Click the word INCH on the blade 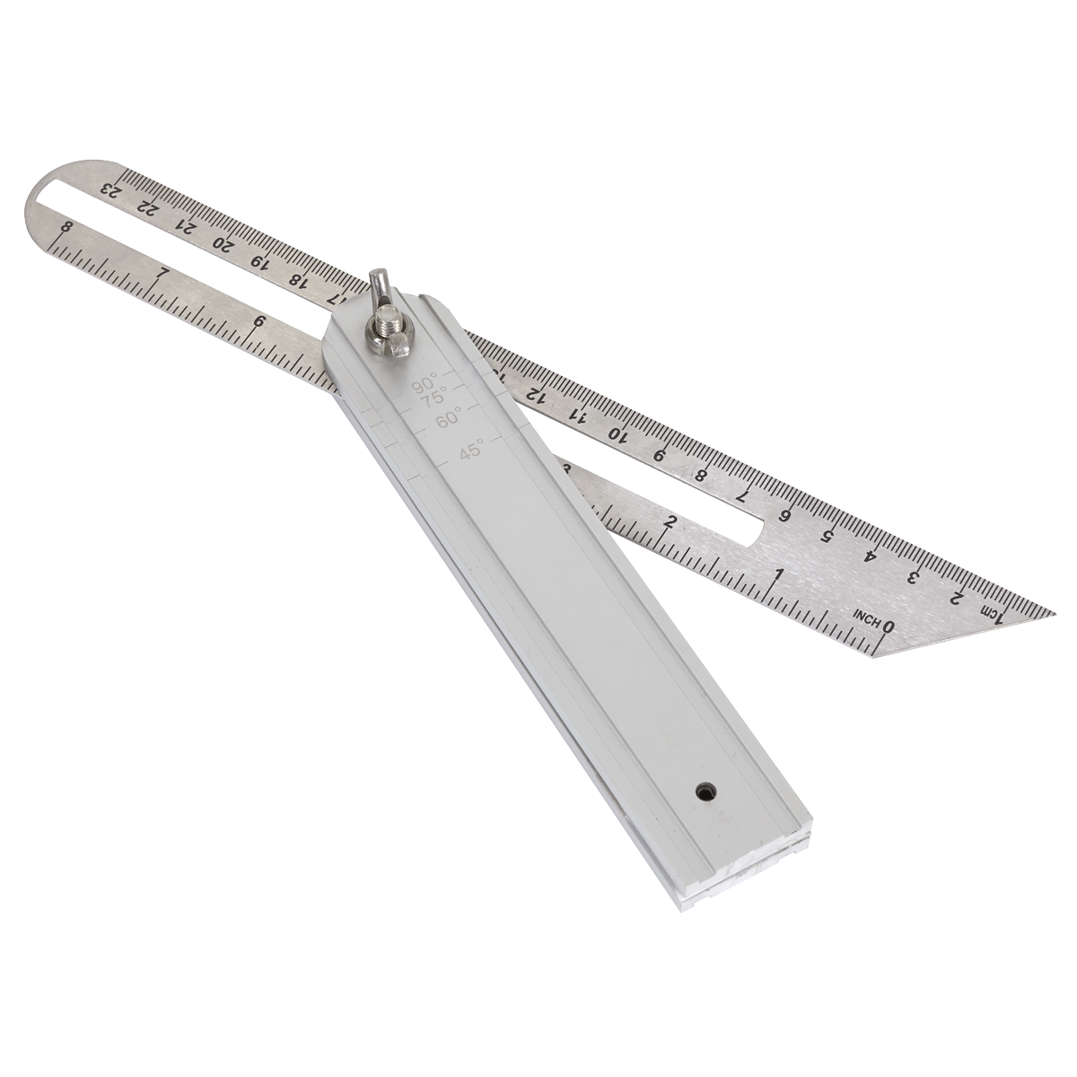(x=866, y=618)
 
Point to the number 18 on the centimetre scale (x=297, y=279)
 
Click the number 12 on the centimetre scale (x=535, y=394)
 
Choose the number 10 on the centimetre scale (x=617, y=433)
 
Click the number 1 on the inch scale (x=780, y=575)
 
